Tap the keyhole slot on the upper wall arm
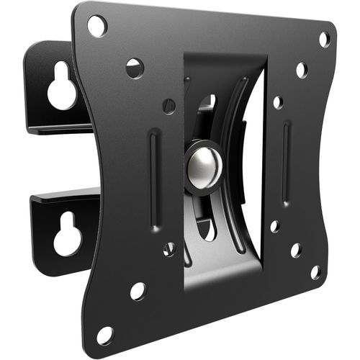tap(62, 87)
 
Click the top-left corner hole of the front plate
tap(97, 25)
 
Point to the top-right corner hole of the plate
tap(324, 38)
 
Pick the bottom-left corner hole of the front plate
tap(105, 335)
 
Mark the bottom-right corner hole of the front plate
tap(315, 272)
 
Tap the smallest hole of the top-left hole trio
tap(168, 106)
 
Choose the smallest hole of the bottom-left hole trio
tap(169, 249)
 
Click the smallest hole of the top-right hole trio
tap(276, 102)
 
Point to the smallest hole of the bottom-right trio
tap(274, 226)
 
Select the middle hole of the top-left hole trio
tap(135, 68)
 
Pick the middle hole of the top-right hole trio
tap(301, 70)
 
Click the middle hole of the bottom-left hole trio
tap(138, 291)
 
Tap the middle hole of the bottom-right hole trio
tap(295, 250)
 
